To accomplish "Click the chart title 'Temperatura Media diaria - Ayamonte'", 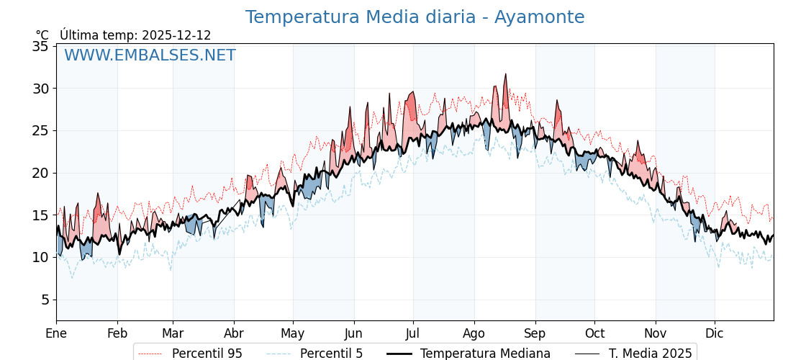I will [415, 17].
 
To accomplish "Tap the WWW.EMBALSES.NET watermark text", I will [150, 55].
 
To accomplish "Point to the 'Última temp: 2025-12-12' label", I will [135, 35].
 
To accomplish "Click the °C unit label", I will [42, 35].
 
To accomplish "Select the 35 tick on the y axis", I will [40, 47].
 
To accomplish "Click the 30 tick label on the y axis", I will [40, 89].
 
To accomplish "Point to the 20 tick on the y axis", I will [40, 173].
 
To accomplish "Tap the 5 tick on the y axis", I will [44, 300].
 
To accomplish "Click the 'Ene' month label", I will [56, 333].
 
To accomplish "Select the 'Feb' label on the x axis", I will [117, 333].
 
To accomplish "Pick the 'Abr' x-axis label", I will [234, 333].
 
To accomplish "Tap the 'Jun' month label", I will [353, 333].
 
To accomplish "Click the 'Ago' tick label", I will [474, 333].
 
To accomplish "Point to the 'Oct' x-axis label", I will [594, 333].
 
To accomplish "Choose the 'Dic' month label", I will [715, 333].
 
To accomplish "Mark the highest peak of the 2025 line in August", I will [505, 74].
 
